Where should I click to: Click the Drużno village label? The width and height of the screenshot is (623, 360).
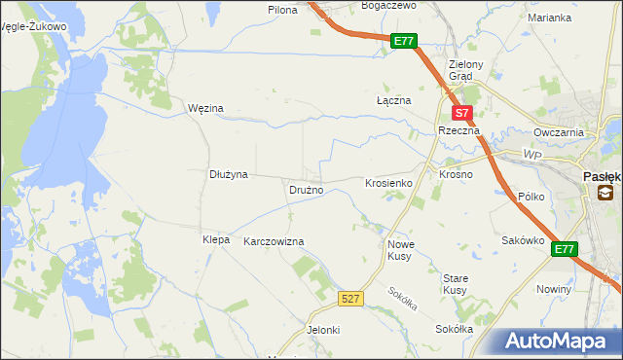tap(306, 190)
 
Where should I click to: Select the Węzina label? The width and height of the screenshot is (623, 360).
tap(205, 108)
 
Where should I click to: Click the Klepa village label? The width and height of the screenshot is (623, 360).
tap(215, 239)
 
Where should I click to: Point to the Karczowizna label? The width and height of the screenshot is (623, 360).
tap(274, 241)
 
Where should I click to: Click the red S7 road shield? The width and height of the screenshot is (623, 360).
tap(464, 112)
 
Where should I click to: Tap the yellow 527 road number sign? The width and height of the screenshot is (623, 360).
tap(351, 299)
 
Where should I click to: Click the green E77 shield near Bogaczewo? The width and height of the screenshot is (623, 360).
tap(405, 41)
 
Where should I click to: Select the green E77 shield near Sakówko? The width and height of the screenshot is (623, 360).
tap(565, 250)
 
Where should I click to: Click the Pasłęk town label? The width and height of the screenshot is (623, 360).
tap(602, 177)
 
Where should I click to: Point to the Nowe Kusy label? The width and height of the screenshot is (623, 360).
tap(401, 250)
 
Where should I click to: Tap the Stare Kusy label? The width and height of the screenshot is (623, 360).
tap(455, 284)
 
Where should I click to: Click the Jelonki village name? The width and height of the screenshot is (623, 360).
tap(323, 330)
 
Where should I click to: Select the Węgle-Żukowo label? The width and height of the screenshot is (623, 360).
tap(35, 27)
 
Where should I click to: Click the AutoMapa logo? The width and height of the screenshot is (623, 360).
tap(555, 341)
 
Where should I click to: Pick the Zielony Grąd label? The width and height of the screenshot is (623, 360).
tap(459, 70)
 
